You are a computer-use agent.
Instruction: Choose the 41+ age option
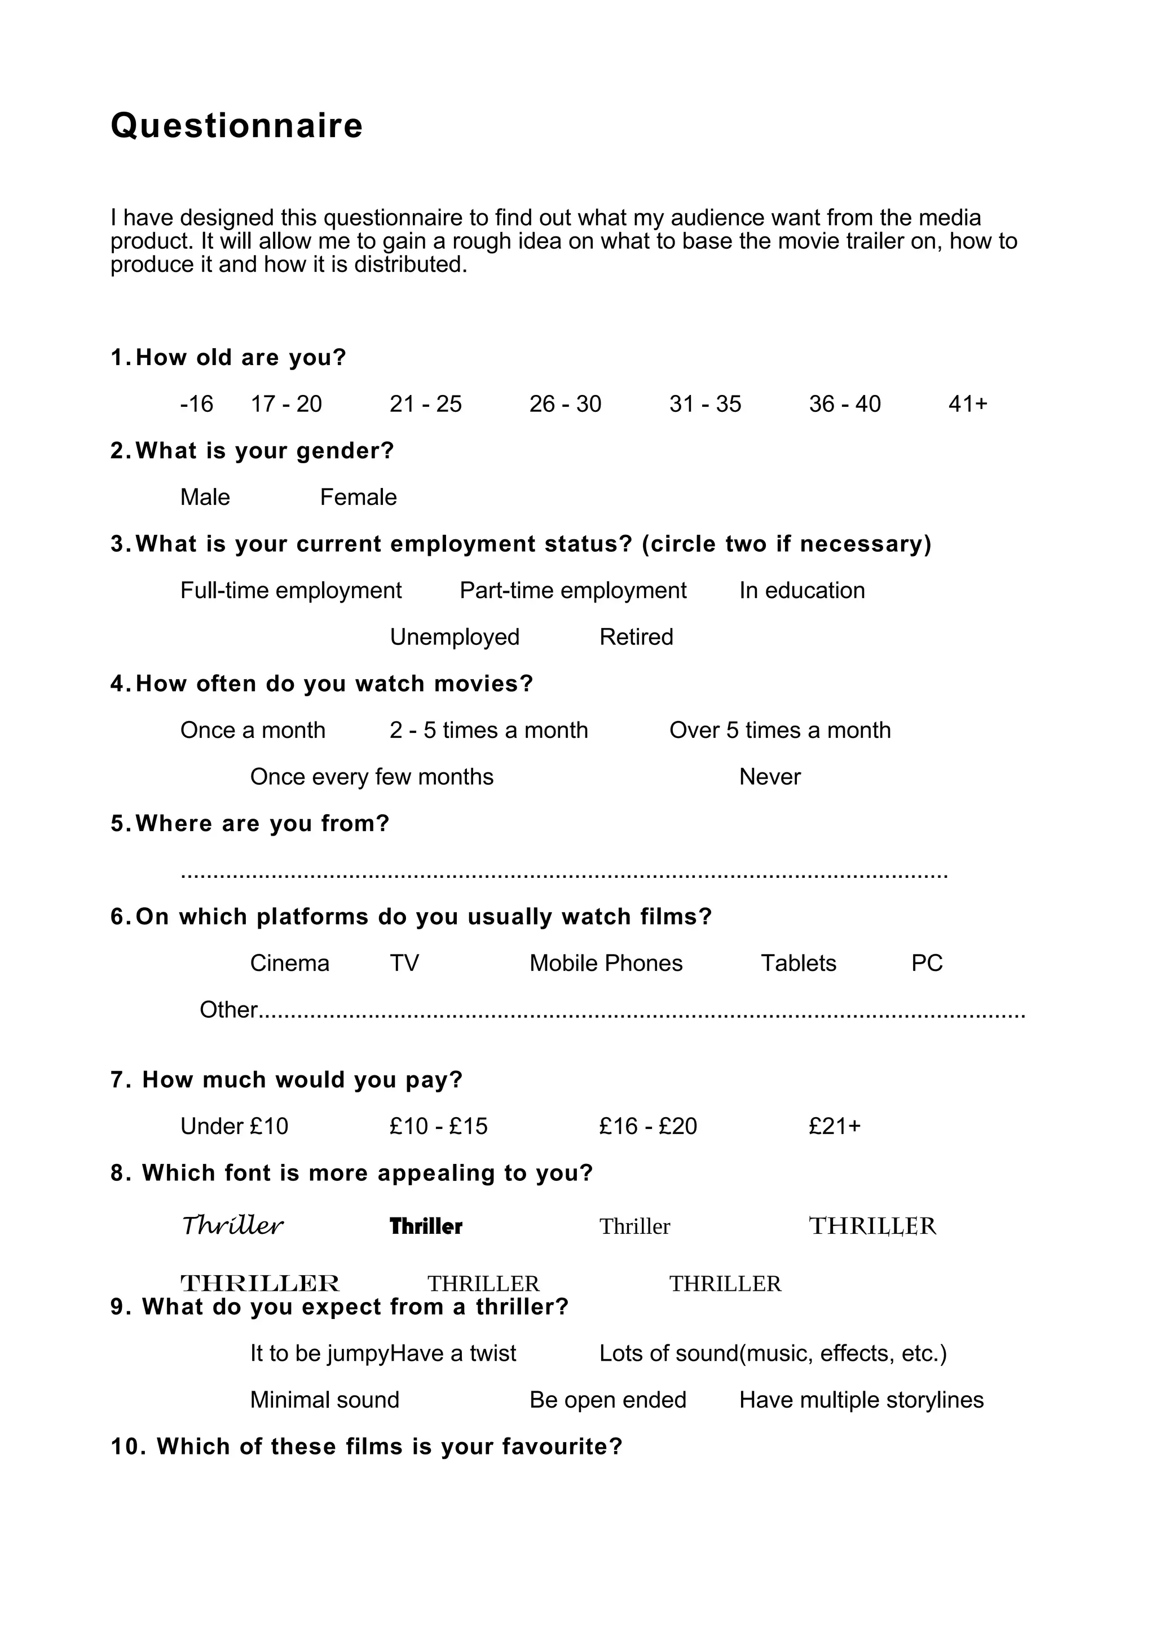[967, 405]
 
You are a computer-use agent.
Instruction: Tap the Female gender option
[358, 498]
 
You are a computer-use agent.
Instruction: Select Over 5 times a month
[779, 731]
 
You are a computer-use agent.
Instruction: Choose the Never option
[769, 777]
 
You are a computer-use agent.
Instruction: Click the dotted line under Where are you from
[563, 874]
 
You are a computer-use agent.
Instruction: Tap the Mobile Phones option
[606, 964]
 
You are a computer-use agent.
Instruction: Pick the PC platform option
[927, 964]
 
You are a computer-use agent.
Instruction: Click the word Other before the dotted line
[228, 1010]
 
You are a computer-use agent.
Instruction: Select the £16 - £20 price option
[647, 1127]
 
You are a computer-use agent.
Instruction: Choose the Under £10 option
[234, 1127]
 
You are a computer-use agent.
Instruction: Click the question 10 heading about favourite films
[367, 1447]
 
